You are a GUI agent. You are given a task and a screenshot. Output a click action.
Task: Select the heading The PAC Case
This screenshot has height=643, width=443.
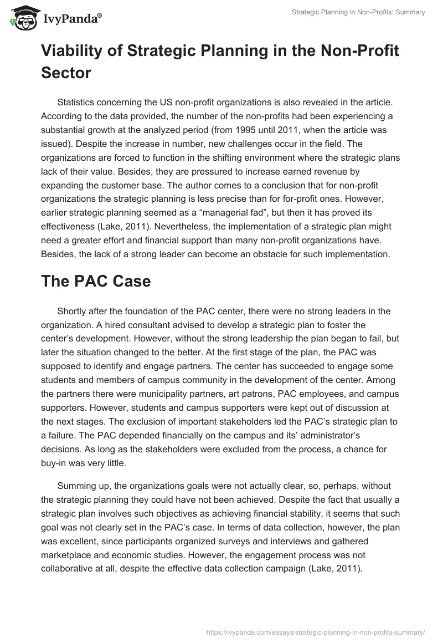tap(95, 281)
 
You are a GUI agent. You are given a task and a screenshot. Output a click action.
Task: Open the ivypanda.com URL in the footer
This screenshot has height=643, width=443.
tap(315, 631)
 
